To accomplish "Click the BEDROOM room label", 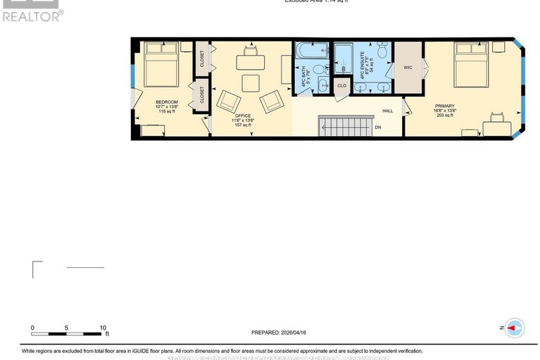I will coord(166,102).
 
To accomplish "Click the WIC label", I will coord(407,68).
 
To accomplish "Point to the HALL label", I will coord(387,111).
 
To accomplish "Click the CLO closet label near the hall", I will coord(342,86).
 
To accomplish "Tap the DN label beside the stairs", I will coord(377,128).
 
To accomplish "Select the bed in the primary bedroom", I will coord(471,63).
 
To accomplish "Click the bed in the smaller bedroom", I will coord(161,65).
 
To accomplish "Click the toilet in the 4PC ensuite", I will coord(383,50).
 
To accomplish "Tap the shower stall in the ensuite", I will coord(343,59).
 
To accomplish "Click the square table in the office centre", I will coord(251,84).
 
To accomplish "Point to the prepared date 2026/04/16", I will coord(278,333).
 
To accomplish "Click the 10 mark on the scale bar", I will coord(103,328).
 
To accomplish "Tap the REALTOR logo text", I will coord(32,15).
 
